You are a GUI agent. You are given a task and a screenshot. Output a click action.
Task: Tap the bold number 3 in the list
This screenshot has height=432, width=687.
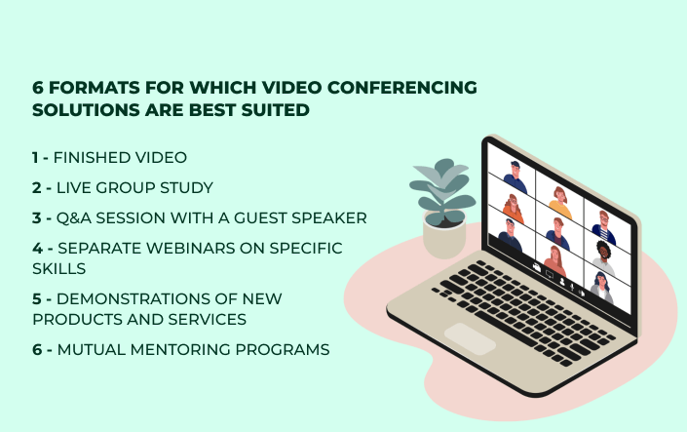point(36,218)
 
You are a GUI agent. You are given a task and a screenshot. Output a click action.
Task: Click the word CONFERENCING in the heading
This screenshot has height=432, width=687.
point(401,87)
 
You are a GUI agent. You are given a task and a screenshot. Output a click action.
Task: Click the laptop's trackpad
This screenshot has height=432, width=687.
point(470,339)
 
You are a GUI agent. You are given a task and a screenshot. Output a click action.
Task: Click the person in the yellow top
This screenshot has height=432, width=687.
point(560,203)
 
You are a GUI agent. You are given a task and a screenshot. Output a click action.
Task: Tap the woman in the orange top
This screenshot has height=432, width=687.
point(514,209)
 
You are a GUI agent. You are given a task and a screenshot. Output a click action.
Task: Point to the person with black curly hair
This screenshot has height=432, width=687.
point(604,257)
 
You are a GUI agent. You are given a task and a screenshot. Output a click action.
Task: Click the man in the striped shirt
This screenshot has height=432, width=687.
point(604,227)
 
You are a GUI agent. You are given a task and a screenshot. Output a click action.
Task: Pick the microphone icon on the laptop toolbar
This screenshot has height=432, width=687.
point(572,288)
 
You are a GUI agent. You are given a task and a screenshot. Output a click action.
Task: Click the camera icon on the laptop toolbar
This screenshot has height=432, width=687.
point(537,266)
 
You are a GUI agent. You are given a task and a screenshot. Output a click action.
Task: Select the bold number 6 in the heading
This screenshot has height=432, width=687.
point(38,87)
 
